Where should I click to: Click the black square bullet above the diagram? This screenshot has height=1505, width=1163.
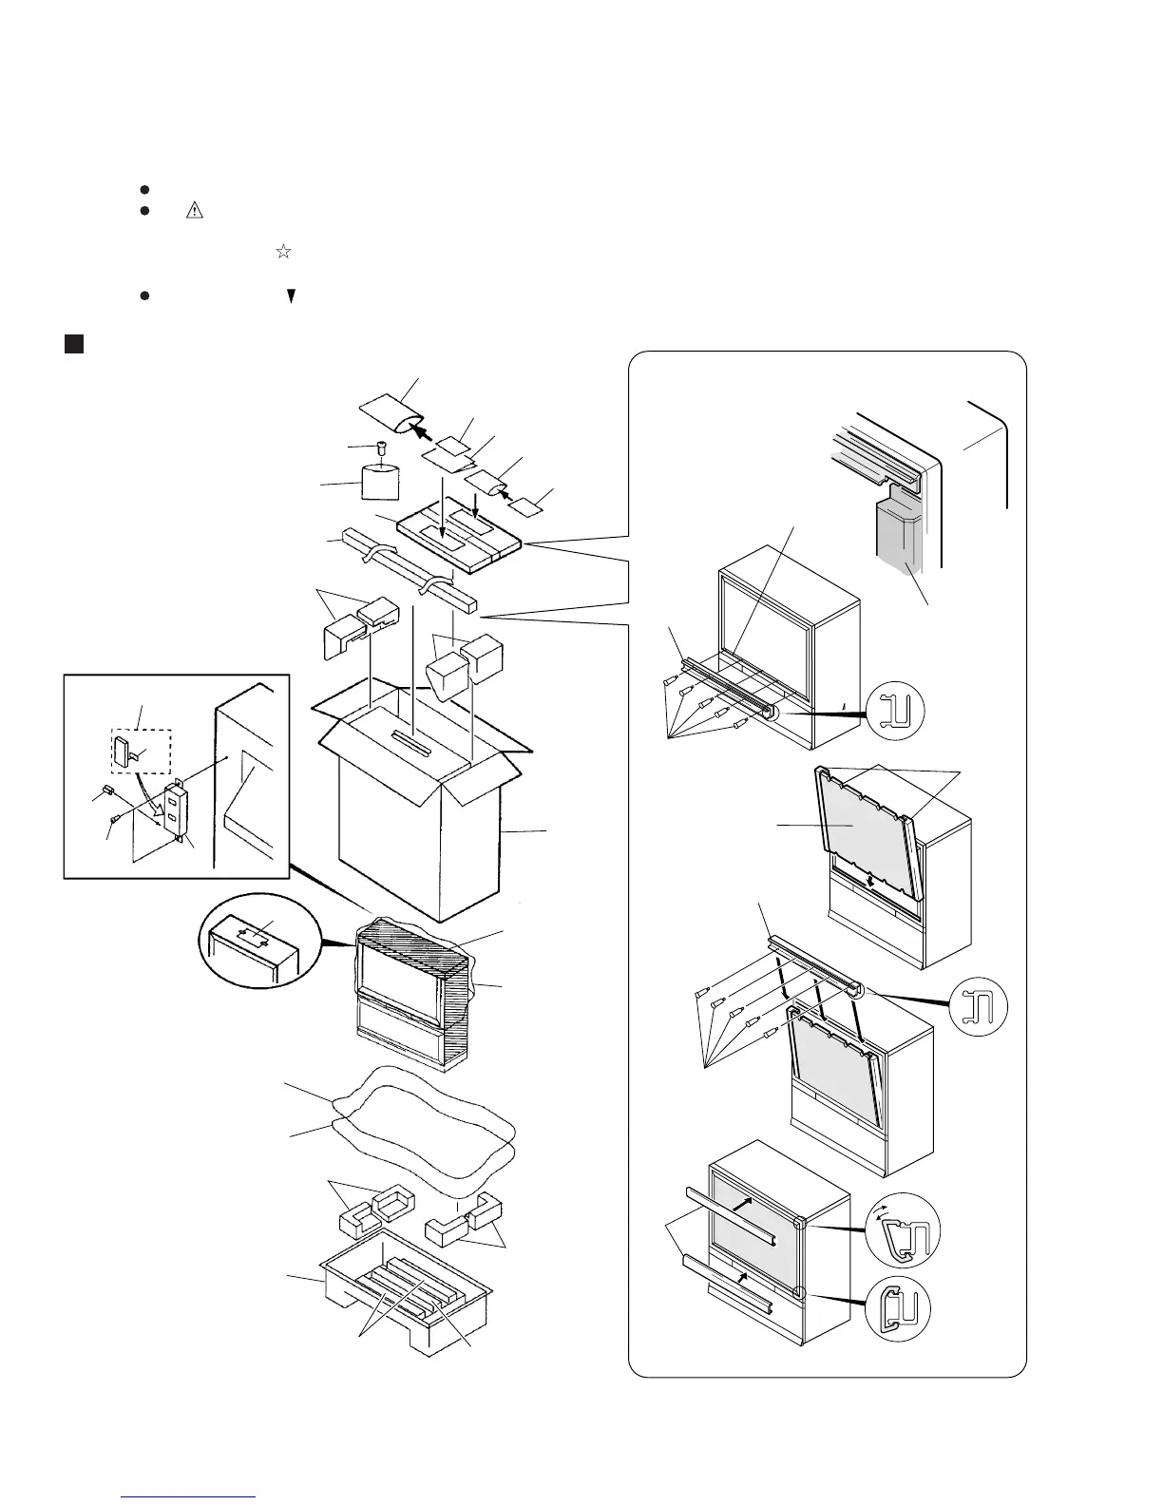tap(74, 343)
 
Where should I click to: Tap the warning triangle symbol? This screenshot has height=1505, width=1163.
tap(196, 211)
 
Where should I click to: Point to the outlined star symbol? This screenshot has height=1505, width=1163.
tap(282, 252)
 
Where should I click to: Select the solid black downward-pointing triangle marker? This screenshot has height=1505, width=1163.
tap(292, 296)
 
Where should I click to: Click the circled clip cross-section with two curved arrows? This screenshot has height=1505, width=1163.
tap(902, 1230)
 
